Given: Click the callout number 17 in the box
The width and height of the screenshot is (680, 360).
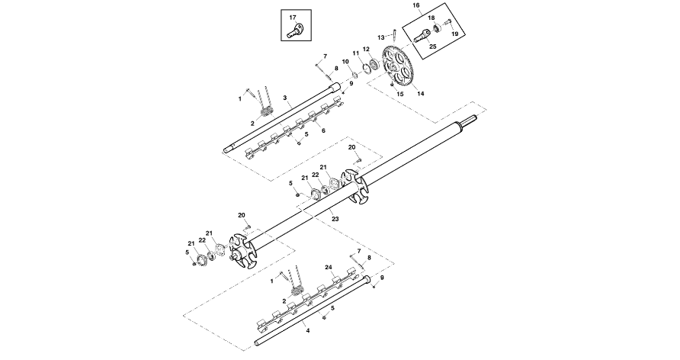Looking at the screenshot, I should [292, 17].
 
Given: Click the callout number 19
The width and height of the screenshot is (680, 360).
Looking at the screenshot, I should [455, 34].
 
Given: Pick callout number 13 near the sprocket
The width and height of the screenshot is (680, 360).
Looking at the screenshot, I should [380, 37].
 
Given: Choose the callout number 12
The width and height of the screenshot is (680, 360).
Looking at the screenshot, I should [366, 50].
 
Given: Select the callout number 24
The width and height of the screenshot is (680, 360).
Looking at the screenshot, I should [329, 268].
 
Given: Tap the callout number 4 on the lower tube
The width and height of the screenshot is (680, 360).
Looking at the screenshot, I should [307, 330].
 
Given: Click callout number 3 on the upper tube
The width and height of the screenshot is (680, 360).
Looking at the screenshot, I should [284, 98].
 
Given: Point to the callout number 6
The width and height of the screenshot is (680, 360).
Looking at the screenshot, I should [323, 130].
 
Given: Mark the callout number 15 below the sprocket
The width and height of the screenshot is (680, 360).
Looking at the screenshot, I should [400, 94].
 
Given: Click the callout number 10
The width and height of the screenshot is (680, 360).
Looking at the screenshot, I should [345, 61].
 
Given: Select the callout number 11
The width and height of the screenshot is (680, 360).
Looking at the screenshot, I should [355, 53].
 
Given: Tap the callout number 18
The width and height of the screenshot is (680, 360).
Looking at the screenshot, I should [431, 18].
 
